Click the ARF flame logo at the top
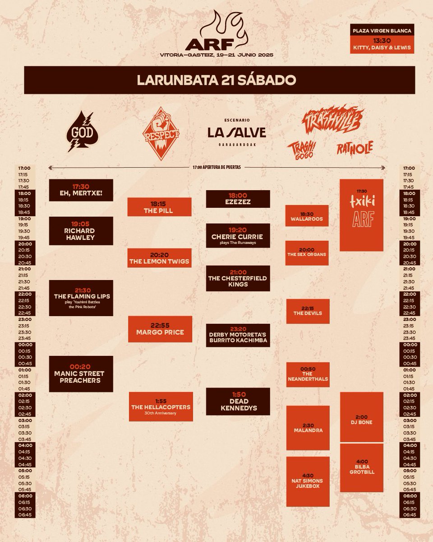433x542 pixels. pos(216,32)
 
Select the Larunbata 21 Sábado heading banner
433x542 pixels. pos(216,80)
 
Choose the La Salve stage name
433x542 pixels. pos(237,132)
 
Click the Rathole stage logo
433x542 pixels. pos(355,147)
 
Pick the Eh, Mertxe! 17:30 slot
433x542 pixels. pos(81,190)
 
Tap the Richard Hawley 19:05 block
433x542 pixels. pos(81,230)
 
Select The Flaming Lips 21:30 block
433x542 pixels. pos(81,298)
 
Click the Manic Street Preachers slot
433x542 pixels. pos(81,374)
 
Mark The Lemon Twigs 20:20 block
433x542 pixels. pos(160,258)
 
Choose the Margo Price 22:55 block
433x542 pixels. pos(160,329)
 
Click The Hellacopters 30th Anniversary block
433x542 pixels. pos(161,406)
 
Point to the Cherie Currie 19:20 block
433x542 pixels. pos(238,235)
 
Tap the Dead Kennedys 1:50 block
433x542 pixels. pos(238,401)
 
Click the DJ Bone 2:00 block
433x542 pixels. pos(361,417)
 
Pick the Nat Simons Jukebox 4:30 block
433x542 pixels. pos(307,482)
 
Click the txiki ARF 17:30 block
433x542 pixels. pos(361,215)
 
